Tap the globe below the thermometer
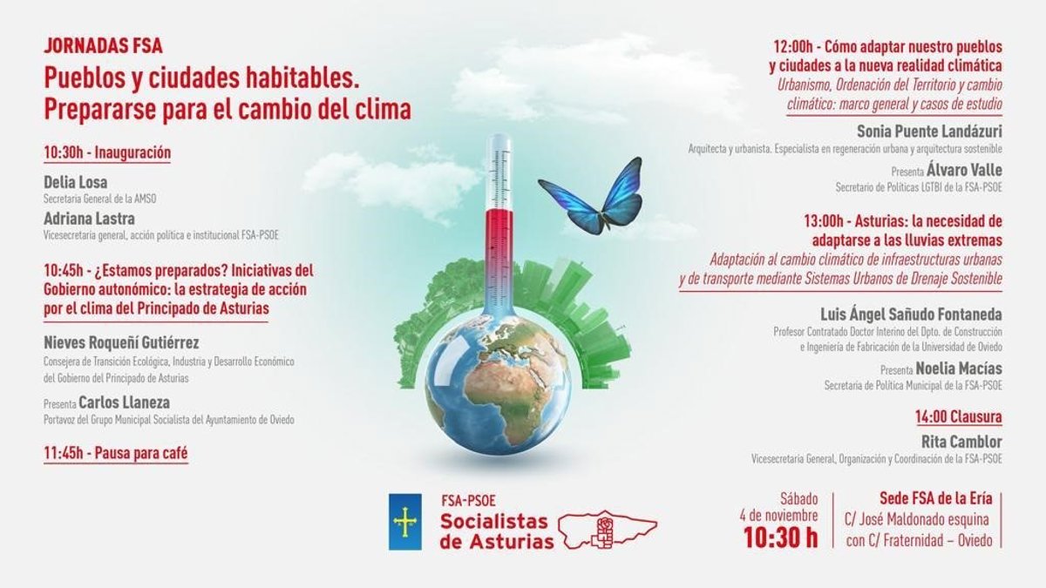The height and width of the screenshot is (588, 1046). (498, 383)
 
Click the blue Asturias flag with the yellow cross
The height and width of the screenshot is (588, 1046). (405, 522)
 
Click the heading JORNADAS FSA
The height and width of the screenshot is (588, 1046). (103, 46)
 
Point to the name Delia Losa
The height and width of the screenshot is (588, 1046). (76, 182)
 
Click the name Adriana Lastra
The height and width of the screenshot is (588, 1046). (89, 219)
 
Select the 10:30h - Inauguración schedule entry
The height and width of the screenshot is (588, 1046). (107, 152)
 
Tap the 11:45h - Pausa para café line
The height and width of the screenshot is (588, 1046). (116, 453)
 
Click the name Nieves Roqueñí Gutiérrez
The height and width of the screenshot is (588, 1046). (121, 342)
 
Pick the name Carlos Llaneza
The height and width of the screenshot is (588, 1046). (124, 402)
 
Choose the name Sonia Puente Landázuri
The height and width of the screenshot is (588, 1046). (929, 132)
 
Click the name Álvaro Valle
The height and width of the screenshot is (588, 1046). (964, 170)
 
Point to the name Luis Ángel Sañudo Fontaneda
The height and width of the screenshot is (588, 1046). (911, 314)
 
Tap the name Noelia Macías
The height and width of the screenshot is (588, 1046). (959, 368)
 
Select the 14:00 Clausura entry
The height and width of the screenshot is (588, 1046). (959, 416)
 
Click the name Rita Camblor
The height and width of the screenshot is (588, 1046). (961, 442)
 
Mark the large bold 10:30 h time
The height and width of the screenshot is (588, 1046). (781, 537)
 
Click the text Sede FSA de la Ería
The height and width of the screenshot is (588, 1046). (936, 498)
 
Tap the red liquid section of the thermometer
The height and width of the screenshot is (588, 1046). (499, 261)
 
